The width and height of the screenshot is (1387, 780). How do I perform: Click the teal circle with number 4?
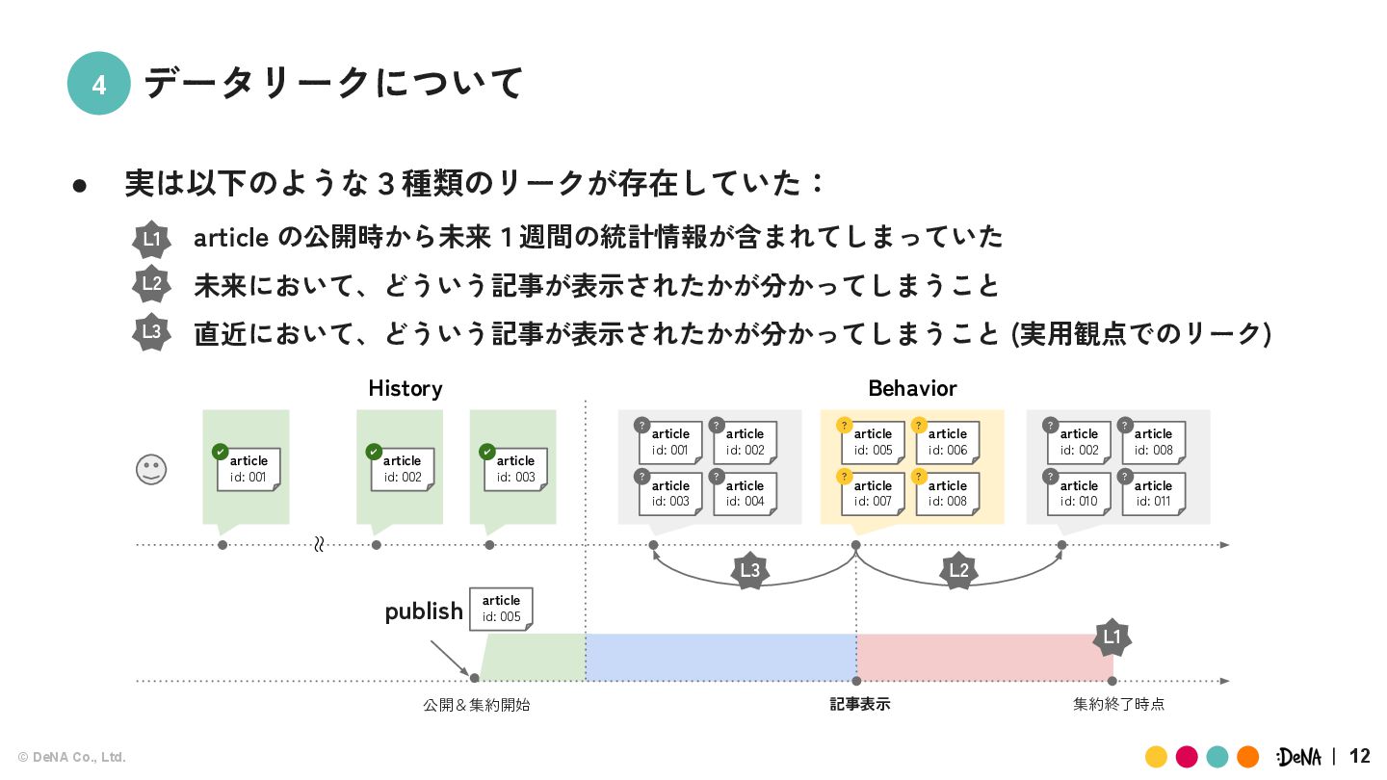coord(98,84)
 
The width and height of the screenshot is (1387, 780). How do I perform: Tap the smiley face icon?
coord(151,470)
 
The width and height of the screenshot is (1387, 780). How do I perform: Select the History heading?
coord(405,388)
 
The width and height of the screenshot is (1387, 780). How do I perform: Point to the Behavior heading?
coord(912,388)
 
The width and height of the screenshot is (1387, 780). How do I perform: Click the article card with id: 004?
coord(745,493)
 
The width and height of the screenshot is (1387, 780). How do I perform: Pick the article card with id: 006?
coord(947,442)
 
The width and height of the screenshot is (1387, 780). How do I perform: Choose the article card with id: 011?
coord(1153,493)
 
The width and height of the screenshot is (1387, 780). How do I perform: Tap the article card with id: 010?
coord(1079,493)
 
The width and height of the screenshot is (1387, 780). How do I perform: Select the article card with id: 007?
coord(873,493)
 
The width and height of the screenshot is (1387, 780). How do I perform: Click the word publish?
coord(424,611)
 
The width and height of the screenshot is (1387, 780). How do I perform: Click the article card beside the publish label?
coord(501,609)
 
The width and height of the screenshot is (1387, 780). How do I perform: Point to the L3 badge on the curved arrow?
coord(749,571)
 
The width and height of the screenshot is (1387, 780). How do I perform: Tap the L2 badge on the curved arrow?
coord(958,571)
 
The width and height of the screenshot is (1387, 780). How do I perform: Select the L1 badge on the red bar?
coord(1112,637)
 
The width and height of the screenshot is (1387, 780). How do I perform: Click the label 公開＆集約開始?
coord(476,705)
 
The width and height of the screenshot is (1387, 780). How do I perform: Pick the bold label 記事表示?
coord(859,704)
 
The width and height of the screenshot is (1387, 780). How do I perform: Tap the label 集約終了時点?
coord(1118,704)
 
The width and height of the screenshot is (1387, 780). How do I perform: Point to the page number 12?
coord(1360,756)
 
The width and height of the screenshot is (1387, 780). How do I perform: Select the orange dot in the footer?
coord(1248,757)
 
